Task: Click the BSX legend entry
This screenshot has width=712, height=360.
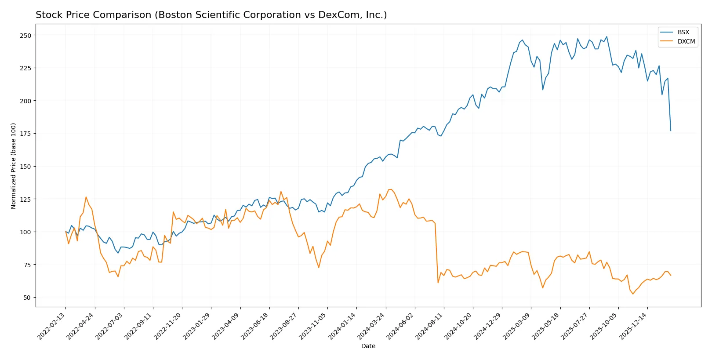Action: pos(683,32)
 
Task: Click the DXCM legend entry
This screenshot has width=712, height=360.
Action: pos(686,41)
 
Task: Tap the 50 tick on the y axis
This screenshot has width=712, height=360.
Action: pos(27,297)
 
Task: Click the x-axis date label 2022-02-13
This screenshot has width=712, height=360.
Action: pos(52,326)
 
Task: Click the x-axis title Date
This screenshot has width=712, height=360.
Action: pos(368,346)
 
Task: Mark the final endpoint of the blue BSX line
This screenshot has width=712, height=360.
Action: pos(671,131)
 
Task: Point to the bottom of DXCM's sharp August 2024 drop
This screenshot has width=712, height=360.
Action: pos(438,283)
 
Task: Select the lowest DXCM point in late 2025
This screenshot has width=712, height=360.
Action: pos(633,294)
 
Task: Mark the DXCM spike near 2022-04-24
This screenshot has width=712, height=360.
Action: pos(86,197)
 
